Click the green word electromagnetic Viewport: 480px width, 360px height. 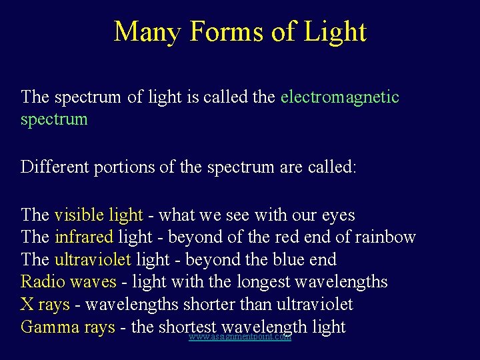pyautogui.click(x=340, y=97)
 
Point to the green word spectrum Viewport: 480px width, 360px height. pyautogui.click(x=54, y=120)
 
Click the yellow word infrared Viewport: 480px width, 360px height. pyautogui.click(x=84, y=237)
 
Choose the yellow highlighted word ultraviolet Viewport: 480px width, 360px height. pyautogui.click(x=93, y=260)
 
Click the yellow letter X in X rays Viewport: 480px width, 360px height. pyautogui.click(x=27, y=305)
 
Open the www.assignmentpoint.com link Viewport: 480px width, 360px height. pyautogui.click(x=240, y=337)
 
